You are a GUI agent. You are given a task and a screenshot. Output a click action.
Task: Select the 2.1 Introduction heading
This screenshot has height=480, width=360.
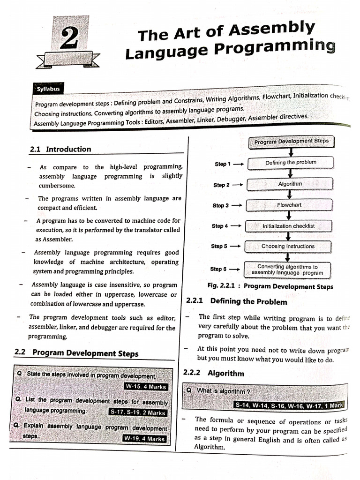[60, 150]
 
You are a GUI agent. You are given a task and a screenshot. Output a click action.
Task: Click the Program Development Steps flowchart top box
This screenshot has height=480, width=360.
[291, 141]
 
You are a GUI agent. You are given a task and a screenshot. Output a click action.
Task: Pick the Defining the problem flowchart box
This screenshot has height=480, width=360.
[291, 163]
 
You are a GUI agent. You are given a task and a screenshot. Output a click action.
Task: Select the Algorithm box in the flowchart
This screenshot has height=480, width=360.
[290, 184]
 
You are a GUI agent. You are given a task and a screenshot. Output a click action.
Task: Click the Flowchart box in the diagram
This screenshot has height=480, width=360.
[290, 205]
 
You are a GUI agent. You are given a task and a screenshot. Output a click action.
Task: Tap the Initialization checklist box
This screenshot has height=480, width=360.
[289, 226]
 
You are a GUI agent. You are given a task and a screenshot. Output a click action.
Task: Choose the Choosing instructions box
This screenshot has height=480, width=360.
[288, 246]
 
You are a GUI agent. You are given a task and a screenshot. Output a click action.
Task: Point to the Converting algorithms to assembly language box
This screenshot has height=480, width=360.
[287, 270]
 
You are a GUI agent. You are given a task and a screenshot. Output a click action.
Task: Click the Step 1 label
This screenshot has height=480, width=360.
[223, 164]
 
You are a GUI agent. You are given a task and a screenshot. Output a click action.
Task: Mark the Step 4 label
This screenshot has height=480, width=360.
[219, 226]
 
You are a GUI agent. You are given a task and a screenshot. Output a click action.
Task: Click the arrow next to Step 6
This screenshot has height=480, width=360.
[236, 269]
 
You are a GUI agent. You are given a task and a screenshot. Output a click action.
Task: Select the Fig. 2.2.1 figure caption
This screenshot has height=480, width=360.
[270, 286]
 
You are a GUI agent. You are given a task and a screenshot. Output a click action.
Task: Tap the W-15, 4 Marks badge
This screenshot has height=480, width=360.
[146, 387]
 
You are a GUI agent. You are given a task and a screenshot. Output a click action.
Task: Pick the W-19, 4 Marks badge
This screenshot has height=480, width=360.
[144, 439]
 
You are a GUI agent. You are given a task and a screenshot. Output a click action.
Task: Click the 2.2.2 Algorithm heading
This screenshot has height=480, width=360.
[214, 374]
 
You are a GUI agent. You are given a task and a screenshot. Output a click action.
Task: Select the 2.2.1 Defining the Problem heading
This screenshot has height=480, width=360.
[237, 301]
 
